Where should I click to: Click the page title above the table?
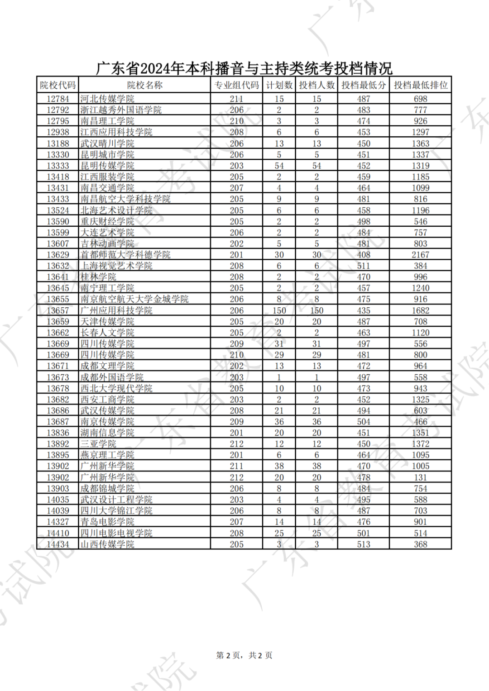[244, 68]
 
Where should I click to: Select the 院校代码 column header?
[58, 85]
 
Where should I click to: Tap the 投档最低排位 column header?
[420, 85]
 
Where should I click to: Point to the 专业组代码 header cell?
[236, 85]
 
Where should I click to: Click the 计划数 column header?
[279, 85]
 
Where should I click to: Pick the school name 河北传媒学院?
[107, 99]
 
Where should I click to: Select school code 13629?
[58, 255]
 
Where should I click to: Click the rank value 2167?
[420, 255]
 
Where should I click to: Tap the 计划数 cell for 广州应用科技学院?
[279, 310]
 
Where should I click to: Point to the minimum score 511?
[363, 266]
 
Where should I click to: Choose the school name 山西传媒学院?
[107, 544]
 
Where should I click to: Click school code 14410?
[58, 533]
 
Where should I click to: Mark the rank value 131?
[420, 477]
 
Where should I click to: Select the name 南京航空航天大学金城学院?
[134, 299]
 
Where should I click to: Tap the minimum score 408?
[363, 255]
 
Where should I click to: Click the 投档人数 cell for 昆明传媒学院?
[316, 166]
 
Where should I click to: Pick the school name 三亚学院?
[98, 444]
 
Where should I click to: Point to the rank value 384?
[420, 266]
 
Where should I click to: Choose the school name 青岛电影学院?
[107, 522]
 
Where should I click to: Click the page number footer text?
[244, 655]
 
